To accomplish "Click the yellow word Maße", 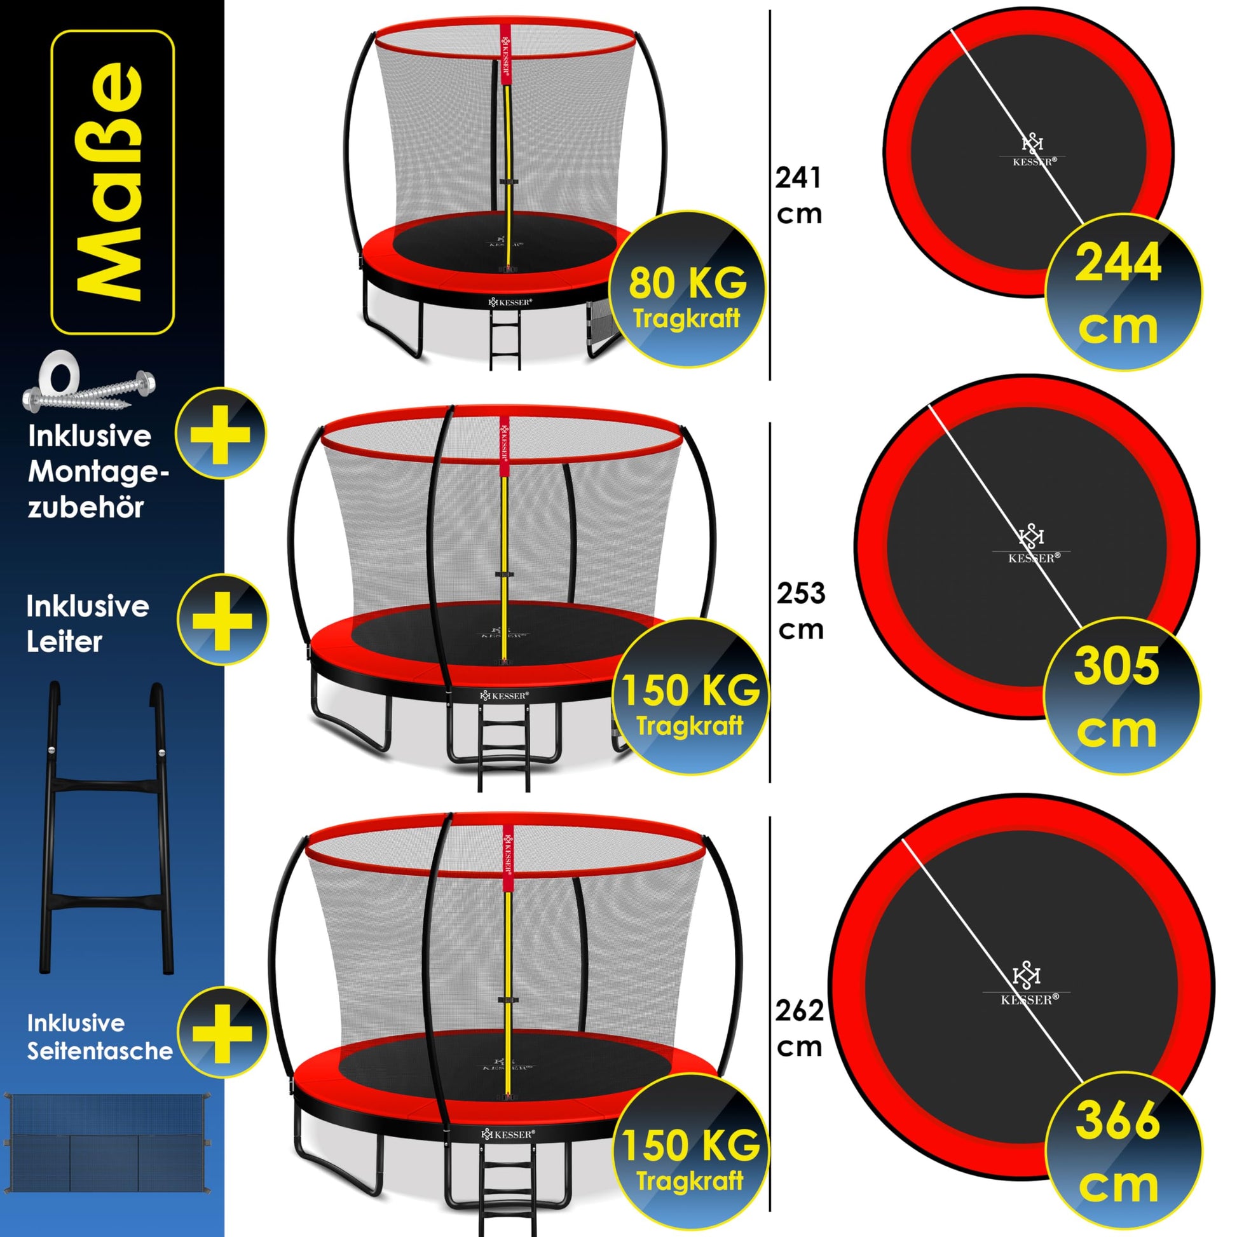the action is tap(109, 182).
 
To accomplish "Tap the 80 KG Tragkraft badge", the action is tap(687, 289).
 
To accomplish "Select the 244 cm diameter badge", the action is tap(1123, 292).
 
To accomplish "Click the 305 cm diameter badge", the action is tap(1122, 696).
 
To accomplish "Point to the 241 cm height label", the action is tap(798, 195).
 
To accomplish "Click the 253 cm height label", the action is tap(800, 611).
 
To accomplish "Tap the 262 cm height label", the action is tap(799, 1029).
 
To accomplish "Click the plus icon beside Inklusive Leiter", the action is tap(222, 620).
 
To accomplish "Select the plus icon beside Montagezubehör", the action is tap(220, 433).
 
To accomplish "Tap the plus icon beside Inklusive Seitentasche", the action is tap(222, 1032).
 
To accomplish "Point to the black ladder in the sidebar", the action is tap(107, 830).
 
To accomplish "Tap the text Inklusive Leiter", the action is tap(88, 624).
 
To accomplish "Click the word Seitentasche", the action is tap(99, 1051).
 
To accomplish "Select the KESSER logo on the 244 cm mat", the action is tap(1033, 151).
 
